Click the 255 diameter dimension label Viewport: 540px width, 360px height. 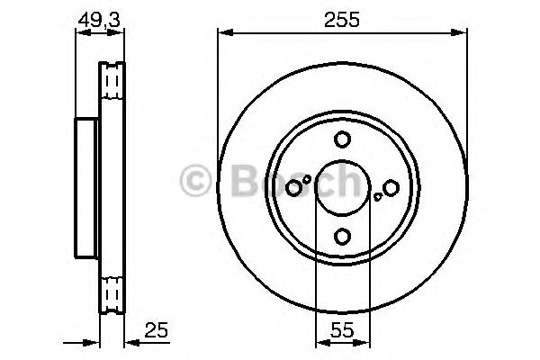342,19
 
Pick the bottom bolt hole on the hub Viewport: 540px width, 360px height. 342,236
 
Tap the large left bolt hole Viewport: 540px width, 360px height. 293,187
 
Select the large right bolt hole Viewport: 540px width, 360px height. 391,187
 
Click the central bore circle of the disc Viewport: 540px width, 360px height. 342,187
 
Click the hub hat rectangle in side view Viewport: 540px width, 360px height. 86,187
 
